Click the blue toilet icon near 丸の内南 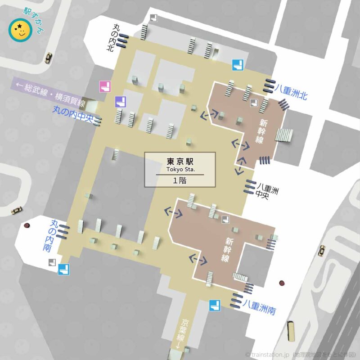[64, 270]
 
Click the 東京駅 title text [180, 161]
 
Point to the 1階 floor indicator [180, 180]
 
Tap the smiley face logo [20, 31]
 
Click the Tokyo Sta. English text [180, 169]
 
